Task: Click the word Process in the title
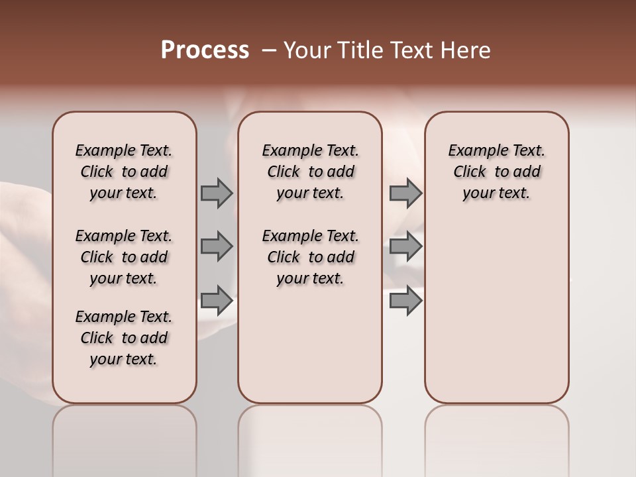pos(205,50)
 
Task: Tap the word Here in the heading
pos(466,50)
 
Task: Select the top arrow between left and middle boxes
pos(217,193)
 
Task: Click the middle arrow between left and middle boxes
pos(217,247)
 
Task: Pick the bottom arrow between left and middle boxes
pos(217,300)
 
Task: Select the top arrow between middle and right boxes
pos(405,193)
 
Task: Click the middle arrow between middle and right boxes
pos(405,247)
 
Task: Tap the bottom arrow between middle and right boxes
pos(405,300)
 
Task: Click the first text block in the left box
pos(124,172)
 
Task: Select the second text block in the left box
pos(124,257)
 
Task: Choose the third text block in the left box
pos(124,338)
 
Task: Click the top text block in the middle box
pos(310,172)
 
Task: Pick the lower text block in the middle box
pos(310,257)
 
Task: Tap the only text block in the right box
pos(496,172)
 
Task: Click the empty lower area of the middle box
pos(310,344)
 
